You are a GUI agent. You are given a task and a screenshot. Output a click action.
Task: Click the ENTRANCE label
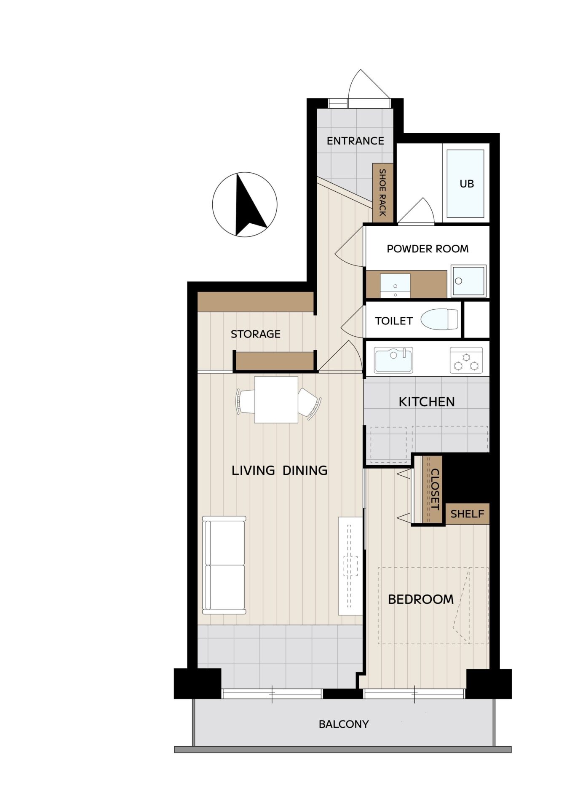pyautogui.click(x=355, y=141)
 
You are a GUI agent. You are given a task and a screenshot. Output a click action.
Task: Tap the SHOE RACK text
pyautogui.click(x=382, y=193)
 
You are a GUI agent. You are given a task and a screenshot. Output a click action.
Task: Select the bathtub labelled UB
pyautogui.click(x=465, y=184)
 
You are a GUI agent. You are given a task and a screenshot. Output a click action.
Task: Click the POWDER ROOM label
pyautogui.click(x=428, y=249)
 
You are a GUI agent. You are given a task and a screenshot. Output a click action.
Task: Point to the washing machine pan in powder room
pyautogui.click(x=468, y=281)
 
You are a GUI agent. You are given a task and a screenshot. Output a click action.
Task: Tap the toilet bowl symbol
pyautogui.click(x=439, y=319)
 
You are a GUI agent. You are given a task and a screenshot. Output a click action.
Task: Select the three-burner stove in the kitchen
pyautogui.click(x=466, y=360)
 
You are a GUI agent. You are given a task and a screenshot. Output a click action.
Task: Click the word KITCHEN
pyautogui.click(x=427, y=402)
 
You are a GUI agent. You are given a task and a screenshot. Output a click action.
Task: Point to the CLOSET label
pyautogui.click(x=435, y=489)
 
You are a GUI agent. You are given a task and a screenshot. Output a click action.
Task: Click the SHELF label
pyautogui.click(x=467, y=514)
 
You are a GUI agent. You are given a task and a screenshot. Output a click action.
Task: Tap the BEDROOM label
pyautogui.click(x=420, y=599)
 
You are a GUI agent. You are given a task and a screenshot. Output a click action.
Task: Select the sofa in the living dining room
pyautogui.click(x=224, y=565)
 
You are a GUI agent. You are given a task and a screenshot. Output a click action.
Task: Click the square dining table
pyautogui.click(x=276, y=399)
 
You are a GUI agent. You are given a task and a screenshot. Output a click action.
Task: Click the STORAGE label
pyautogui.click(x=255, y=334)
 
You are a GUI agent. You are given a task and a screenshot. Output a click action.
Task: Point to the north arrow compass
pyautogui.click(x=245, y=205)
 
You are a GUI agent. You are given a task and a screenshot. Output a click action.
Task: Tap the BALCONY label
pyautogui.click(x=344, y=724)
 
